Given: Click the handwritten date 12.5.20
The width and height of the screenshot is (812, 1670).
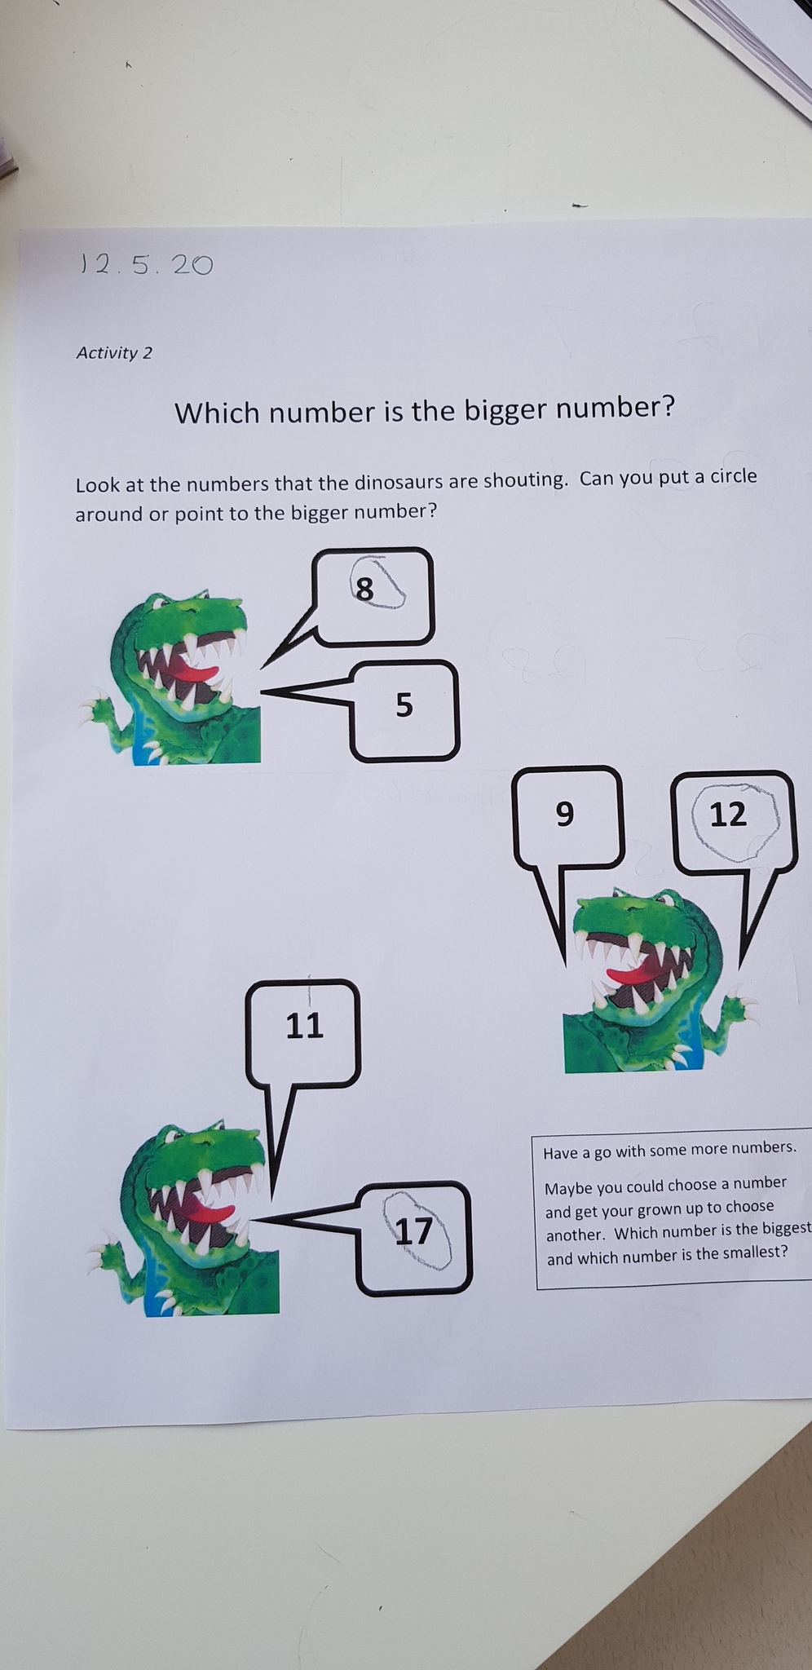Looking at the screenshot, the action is [x=146, y=264].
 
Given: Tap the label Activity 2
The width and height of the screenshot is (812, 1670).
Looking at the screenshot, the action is [x=114, y=353].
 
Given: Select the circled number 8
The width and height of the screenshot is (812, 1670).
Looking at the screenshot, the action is [x=364, y=588].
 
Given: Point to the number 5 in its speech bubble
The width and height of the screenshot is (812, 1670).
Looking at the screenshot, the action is [x=404, y=705].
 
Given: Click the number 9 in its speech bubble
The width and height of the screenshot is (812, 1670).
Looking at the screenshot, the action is [x=564, y=814].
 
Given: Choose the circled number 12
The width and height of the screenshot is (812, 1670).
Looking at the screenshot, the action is [x=728, y=814].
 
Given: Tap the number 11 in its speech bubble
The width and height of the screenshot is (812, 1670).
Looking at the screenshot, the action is [x=305, y=1025].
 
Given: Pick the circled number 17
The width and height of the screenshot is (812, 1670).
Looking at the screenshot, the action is [x=413, y=1230].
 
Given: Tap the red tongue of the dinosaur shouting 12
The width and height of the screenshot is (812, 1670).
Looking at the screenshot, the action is [x=630, y=974].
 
